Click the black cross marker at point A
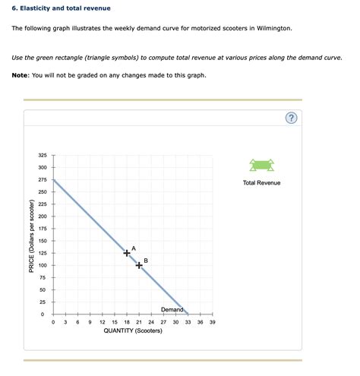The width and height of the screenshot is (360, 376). [x=127, y=253]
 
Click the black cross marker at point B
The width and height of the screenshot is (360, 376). [x=139, y=265]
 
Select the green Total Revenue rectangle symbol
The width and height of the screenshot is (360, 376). [x=261, y=166]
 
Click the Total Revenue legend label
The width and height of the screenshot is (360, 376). [x=261, y=183]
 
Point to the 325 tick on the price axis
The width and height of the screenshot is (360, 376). [x=42, y=155]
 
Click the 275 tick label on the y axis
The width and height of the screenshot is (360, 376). [x=42, y=179]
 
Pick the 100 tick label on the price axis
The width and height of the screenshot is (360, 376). [x=42, y=265]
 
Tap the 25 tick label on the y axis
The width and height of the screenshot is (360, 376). [x=43, y=302]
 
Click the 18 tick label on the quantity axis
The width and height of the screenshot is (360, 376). [x=127, y=322]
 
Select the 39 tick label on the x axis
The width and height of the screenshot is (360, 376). [x=213, y=322]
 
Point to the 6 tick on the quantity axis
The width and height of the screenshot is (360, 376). [x=77, y=322]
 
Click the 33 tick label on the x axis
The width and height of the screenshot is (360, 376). [x=188, y=322]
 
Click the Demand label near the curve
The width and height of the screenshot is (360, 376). [x=172, y=309]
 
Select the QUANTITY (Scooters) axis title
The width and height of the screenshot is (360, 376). [x=133, y=332]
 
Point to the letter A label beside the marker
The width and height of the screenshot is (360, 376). [x=134, y=248]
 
